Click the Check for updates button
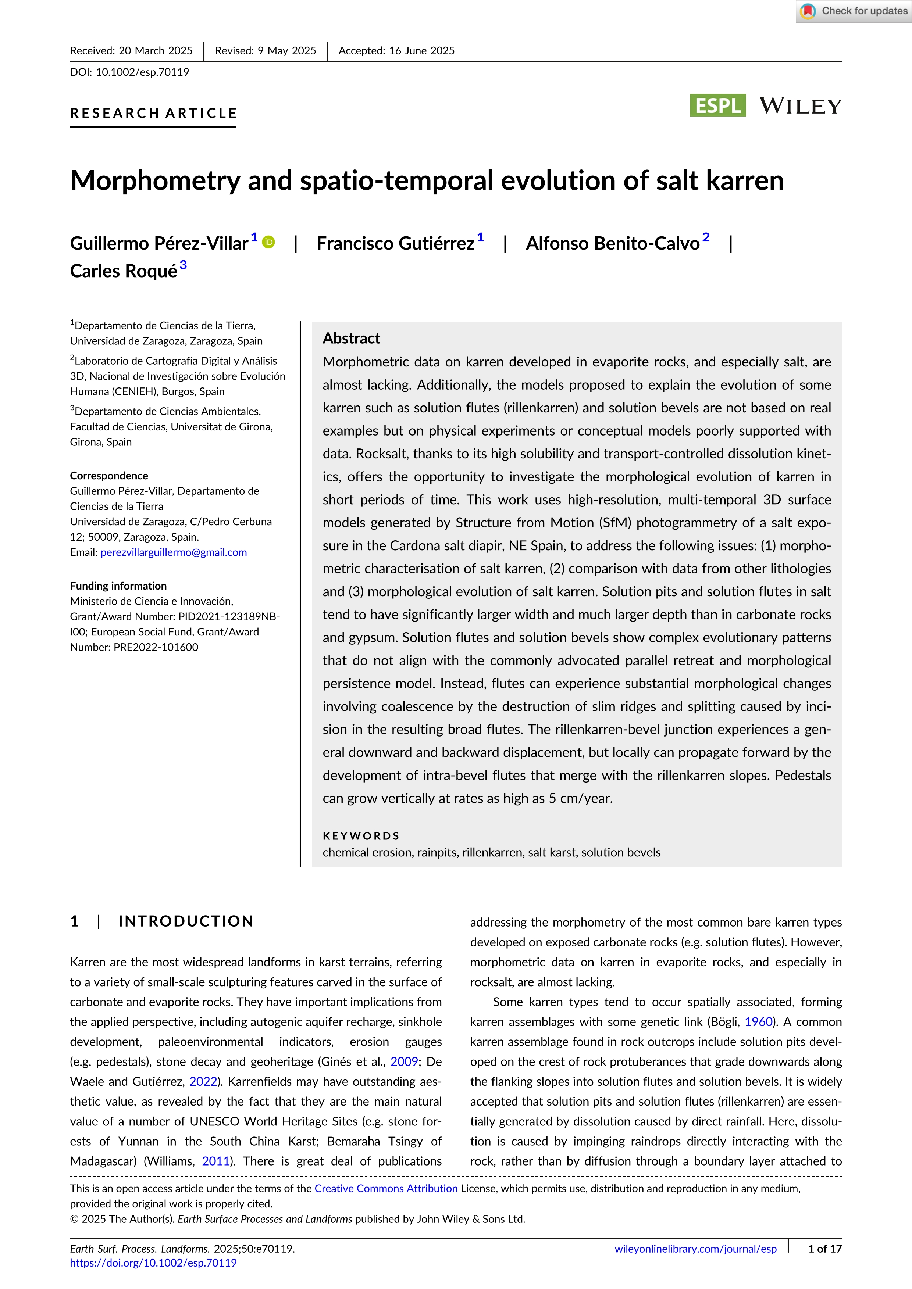(x=853, y=11)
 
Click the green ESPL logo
(x=717, y=105)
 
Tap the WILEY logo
(x=800, y=105)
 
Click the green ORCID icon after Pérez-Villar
(x=269, y=242)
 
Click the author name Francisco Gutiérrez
(x=395, y=243)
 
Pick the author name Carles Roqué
(x=124, y=271)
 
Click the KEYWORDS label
(x=361, y=835)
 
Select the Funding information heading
(x=118, y=586)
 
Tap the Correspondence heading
(x=109, y=476)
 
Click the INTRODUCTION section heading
(x=186, y=921)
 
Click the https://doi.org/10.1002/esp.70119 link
(x=153, y=1263)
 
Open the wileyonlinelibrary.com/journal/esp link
(x=695, y=1249)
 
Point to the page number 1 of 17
(x=824, y=1249)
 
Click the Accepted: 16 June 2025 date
(x=396, y=50)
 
